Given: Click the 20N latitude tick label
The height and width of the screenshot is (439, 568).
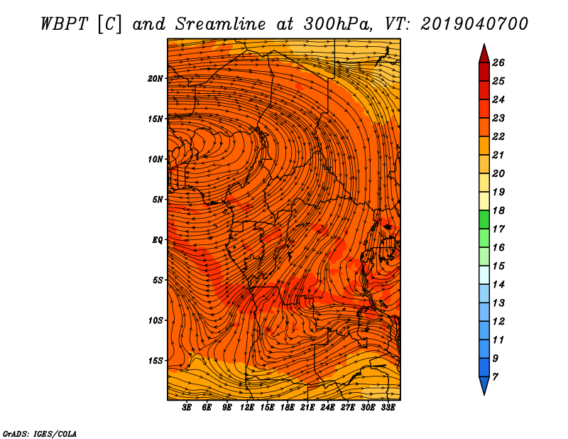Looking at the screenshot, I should [x=156, y=78].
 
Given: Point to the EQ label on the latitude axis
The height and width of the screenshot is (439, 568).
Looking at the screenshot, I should [x=158, y=240].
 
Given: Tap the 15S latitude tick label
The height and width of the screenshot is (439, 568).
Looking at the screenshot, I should [x=156, y=361].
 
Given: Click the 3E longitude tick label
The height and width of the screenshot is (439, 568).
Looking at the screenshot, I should [x=187, y=408].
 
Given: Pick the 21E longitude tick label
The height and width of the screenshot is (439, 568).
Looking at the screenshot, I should [x=307, y=408].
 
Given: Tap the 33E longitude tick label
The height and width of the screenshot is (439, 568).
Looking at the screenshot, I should [x=388, y=408].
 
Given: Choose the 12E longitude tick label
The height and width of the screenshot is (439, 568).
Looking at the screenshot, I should [x=247, y=408].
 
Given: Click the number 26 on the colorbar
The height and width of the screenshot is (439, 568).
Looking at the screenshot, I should [x=498, y=63].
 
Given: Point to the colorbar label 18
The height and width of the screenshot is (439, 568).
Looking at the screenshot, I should [x=498, y=210].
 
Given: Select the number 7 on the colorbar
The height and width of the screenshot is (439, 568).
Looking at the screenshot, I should [x=495, y=376].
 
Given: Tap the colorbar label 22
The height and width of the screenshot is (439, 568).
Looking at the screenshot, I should [x=498, y=136].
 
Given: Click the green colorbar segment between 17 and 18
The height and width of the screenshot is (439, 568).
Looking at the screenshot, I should [x=484, y=220].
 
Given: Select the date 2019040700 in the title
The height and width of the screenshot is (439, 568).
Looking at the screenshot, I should [x=474, y=23].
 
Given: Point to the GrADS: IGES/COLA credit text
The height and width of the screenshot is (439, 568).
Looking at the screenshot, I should [x=40, y=433].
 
